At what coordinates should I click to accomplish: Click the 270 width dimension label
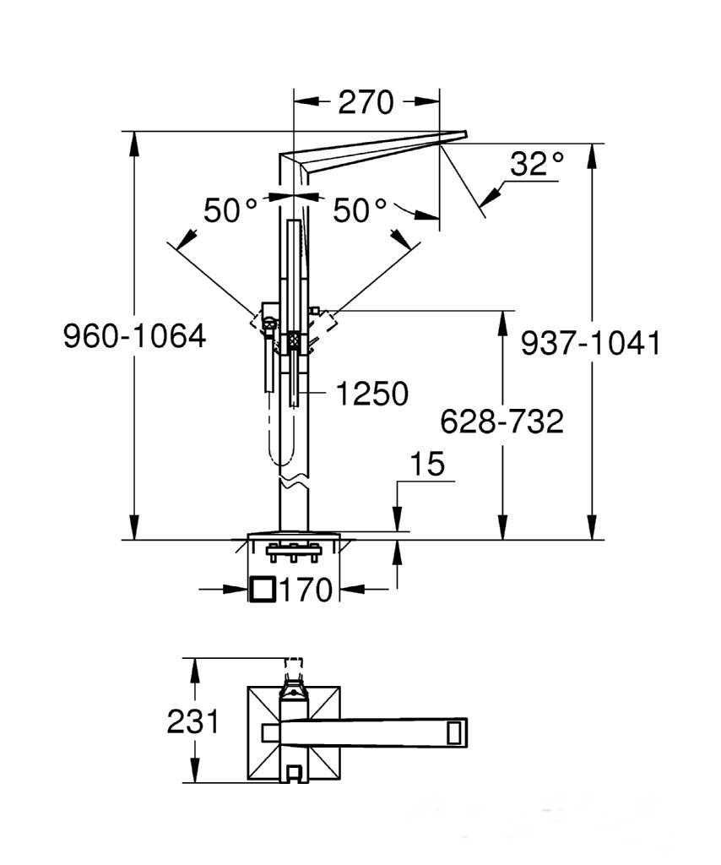coord(366,102)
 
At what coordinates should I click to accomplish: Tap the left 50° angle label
coord(230,210)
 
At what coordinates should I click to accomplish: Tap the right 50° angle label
coord(360,210)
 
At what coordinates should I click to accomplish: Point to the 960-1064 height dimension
coord(134,336)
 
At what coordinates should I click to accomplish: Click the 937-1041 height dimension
coord(591,344)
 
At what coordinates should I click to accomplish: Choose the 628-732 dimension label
coord(501,422)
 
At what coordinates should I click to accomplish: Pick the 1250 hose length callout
coord(372,394)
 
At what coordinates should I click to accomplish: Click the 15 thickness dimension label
coord(428,464)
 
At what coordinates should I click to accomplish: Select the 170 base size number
coord(306,590)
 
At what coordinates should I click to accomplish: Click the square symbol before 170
coord(262,589)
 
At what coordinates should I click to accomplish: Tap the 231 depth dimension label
coord(193,721)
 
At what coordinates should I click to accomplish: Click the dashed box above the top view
coord(294,664)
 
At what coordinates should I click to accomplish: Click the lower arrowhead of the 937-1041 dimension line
coord(592,527)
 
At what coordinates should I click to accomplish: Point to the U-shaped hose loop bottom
coord(280,462)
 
